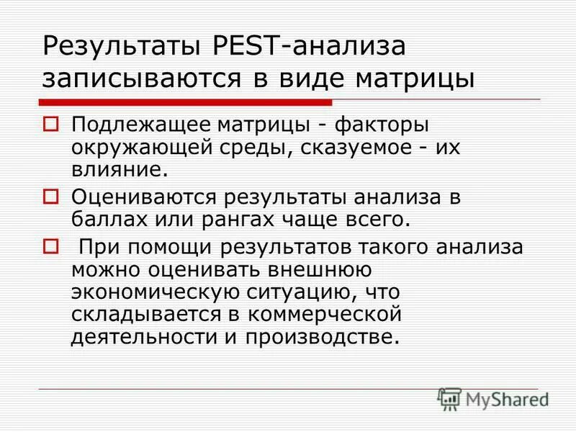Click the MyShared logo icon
click(449, 398)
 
